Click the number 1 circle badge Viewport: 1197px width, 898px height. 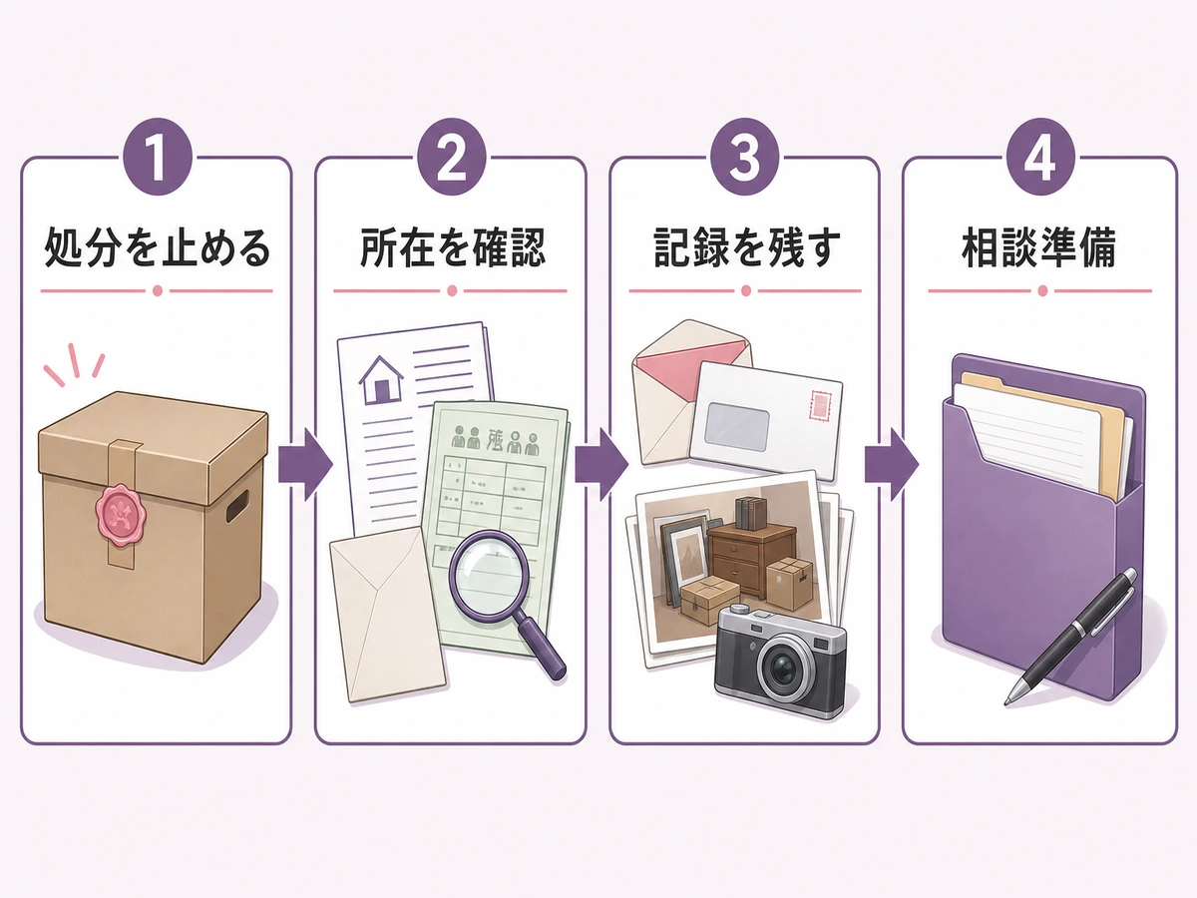pos(158,157)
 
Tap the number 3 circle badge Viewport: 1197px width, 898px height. pos(744,157)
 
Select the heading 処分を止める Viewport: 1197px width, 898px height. pos(157,248)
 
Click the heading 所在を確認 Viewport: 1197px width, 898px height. pos(452,248)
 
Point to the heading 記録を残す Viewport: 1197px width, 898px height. pos(746,248)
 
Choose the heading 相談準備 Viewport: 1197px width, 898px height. pos(1039,248)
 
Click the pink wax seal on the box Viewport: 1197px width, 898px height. pos(122,515)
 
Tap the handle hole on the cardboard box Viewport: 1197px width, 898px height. pos(237,506)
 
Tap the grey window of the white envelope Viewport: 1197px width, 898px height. pos(737,426)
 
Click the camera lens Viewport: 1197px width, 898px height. pos(784,669)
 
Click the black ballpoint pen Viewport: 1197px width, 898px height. pos(1071,636)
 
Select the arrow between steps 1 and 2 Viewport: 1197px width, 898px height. pos(305,465)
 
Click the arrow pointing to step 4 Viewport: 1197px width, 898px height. pos(892,465)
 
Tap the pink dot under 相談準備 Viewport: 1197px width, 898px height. pos(1042,290)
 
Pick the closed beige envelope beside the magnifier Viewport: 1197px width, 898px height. pos(387,614)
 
